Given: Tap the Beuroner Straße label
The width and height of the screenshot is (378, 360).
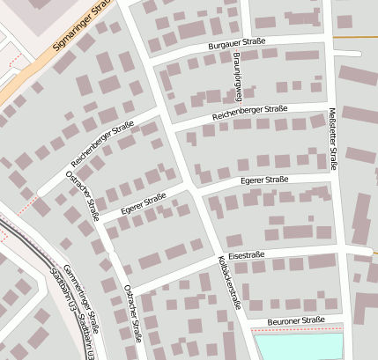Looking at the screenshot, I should point(297,321).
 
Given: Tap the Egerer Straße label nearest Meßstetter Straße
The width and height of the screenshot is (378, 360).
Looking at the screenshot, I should point(264,180).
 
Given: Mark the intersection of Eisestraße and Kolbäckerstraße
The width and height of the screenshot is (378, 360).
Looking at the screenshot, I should point(219,258).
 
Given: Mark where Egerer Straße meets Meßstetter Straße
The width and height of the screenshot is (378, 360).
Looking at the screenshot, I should point(334,176).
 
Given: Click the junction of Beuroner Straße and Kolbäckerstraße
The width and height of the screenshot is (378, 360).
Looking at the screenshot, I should point(243,323).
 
